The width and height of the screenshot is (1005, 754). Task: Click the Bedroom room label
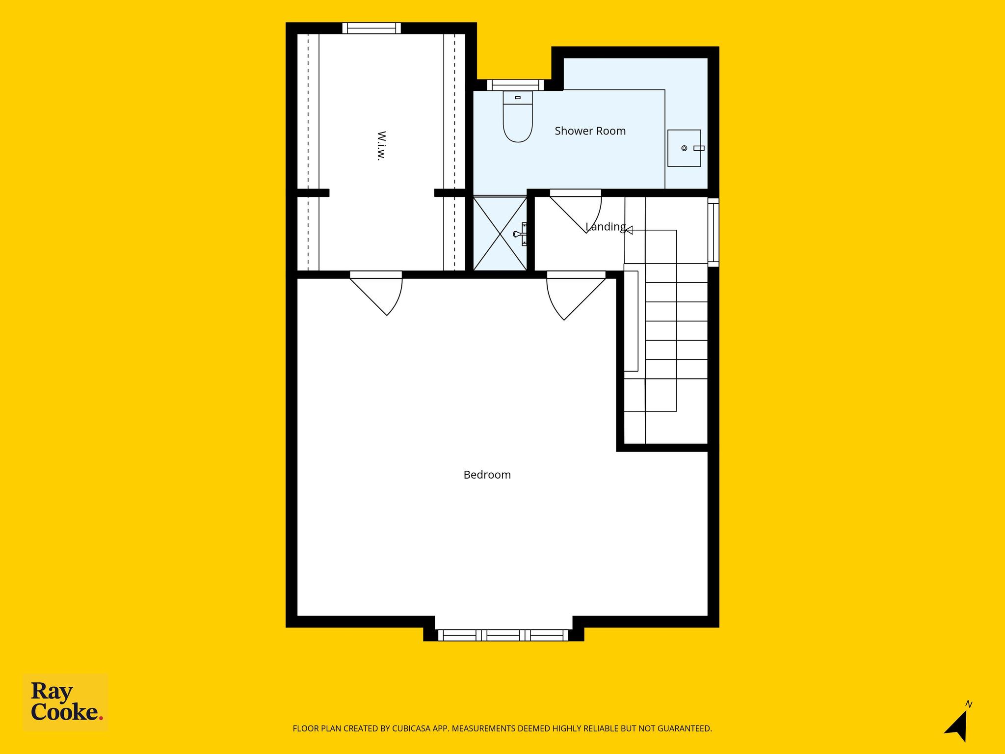tap(487, 475)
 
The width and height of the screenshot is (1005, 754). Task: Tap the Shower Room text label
tap(590, 131)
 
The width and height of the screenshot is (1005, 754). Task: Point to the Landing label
tap(606, 227)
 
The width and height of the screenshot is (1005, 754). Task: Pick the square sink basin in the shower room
tap(684, 148)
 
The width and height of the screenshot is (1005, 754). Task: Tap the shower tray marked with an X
tap(500, 233)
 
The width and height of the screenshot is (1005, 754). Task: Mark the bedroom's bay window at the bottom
tap(503, 635)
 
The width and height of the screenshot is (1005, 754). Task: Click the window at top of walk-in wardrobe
tap(371, 28)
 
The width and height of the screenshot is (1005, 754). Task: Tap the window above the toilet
tap(516, 85)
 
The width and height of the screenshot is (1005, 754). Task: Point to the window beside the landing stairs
tap(713, 233)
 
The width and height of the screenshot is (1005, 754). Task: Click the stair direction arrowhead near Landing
tap(629, 230)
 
